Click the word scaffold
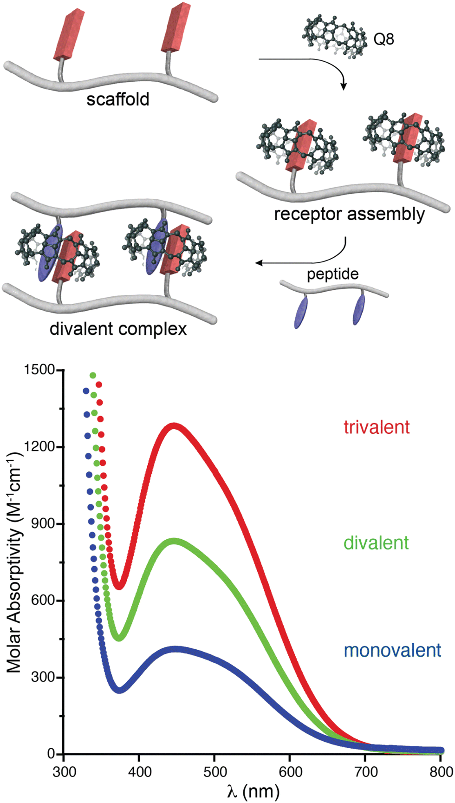pyautogui.click(x=118, y=99)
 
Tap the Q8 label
pyautogui.click(x=384, y=39)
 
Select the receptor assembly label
pyautogui.click(x=349, y=214)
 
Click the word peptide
pyautogui.click(x=332, y=274)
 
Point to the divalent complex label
pyautogui.click(x=118, y=329)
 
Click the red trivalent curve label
pyautogui.click(x=377, y=427)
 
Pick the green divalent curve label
pyautogui.click(x=376, y=542)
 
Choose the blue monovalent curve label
pyautogui.click(x=392, y=650)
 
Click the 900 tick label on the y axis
pyautogui.click(x=45, y=524)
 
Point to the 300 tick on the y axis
pyautogui.click(x=45, y=678)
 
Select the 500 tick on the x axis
pyautogui.click(x=215, y=772)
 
